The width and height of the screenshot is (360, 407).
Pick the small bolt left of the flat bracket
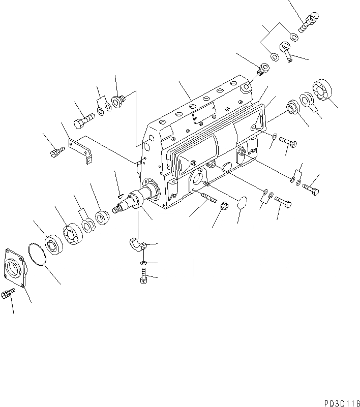(57, 151)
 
